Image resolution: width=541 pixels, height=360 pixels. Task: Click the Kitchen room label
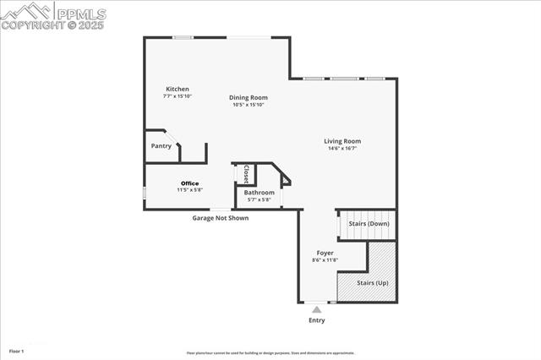click(178, 89)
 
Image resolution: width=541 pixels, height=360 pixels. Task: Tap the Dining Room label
click(249, 97)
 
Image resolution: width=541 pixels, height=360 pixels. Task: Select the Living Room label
click(342, 141)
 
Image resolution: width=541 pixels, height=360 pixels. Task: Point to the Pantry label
click(161, 145)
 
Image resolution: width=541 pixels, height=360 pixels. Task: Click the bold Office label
click(189, 183)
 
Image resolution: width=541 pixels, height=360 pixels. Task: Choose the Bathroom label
click(259, 193)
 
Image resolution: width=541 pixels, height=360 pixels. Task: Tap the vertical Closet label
click(246, 173)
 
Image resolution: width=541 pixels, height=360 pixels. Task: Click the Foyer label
click(325, 253)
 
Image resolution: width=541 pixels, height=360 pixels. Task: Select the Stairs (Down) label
click(369, 224)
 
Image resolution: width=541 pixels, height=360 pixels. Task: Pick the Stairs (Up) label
click(371, 282)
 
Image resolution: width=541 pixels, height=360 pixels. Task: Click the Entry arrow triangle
click(317, 310)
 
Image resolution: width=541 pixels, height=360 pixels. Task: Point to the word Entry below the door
click(317, 320)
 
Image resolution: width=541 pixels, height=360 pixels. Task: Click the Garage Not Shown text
click(220, 217)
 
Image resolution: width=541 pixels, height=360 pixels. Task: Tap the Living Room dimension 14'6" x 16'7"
click(342, 149)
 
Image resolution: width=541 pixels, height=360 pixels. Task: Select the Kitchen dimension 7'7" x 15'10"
click(178, 96)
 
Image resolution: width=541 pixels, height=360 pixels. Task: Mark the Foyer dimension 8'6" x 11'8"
click(325, 260)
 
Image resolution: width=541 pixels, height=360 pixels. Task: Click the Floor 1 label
click(17, 350)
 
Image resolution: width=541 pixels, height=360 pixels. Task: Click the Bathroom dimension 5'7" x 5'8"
click(259, 200)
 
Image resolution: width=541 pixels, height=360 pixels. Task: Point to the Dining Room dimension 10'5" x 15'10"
click(249, 105)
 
